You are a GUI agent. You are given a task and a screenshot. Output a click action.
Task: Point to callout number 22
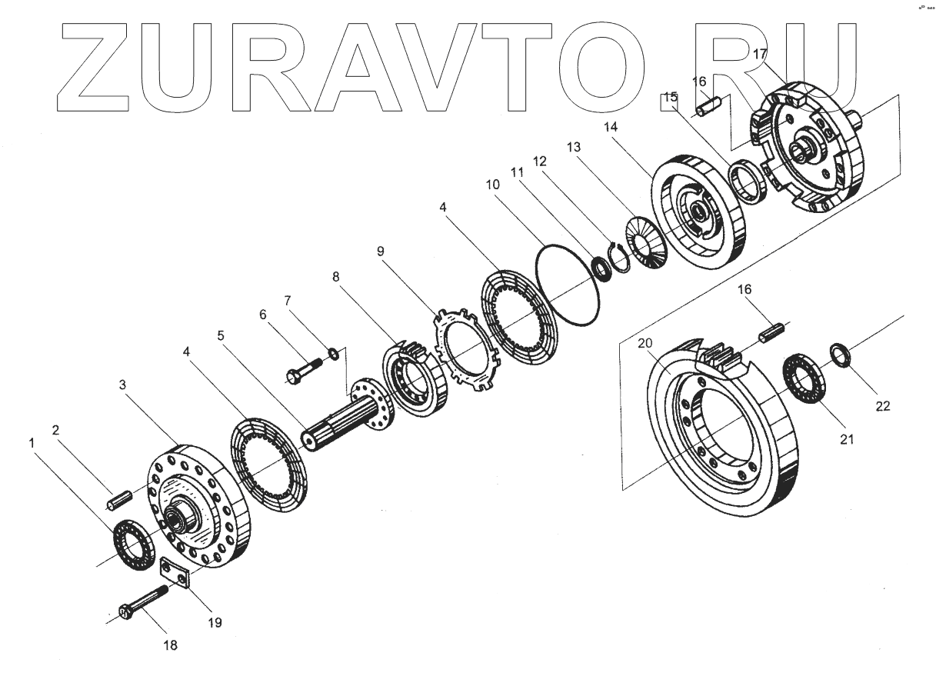point(883,406)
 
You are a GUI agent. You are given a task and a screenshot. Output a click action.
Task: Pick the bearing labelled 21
point(803,376)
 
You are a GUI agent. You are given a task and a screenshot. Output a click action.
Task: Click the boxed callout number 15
point(670,97)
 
